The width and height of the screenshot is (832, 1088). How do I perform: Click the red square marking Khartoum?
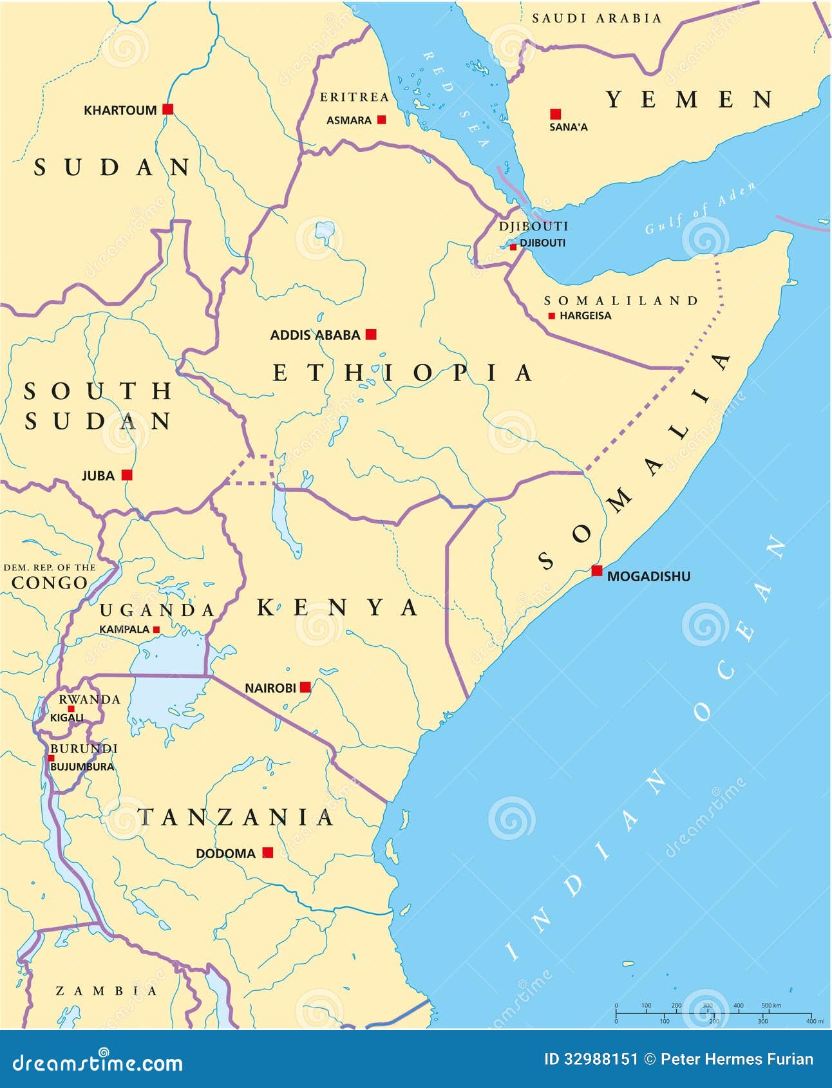(x=168, y=109)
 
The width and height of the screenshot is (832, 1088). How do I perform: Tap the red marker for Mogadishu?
(x=597, y=570)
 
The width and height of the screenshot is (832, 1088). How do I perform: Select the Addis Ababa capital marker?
(x=371, y=334)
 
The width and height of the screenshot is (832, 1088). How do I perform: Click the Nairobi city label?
(x=270, y=688)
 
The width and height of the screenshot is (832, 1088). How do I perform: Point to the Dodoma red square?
(x=268, y=852)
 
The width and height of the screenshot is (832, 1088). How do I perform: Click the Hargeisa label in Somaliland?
(x=585, y=316)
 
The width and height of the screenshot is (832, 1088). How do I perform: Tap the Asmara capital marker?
(x=382, y=120)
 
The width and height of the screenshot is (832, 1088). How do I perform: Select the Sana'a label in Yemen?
(x=568, y=127)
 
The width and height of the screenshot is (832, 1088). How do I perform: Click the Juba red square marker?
(x=127, y=475)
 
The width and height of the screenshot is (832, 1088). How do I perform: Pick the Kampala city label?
(x=124, y=629)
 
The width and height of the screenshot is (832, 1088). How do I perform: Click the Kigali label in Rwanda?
(x=67, y=717)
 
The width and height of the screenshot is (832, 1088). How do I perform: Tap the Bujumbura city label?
(x=82, y=767)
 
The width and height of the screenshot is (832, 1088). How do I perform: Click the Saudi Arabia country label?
(x=596, y=19)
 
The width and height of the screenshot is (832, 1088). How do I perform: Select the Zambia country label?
(x=106, y=991)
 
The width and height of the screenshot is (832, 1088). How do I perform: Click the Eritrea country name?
(x=355, y=97)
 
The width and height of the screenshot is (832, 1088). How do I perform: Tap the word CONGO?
(x=50, y=583)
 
